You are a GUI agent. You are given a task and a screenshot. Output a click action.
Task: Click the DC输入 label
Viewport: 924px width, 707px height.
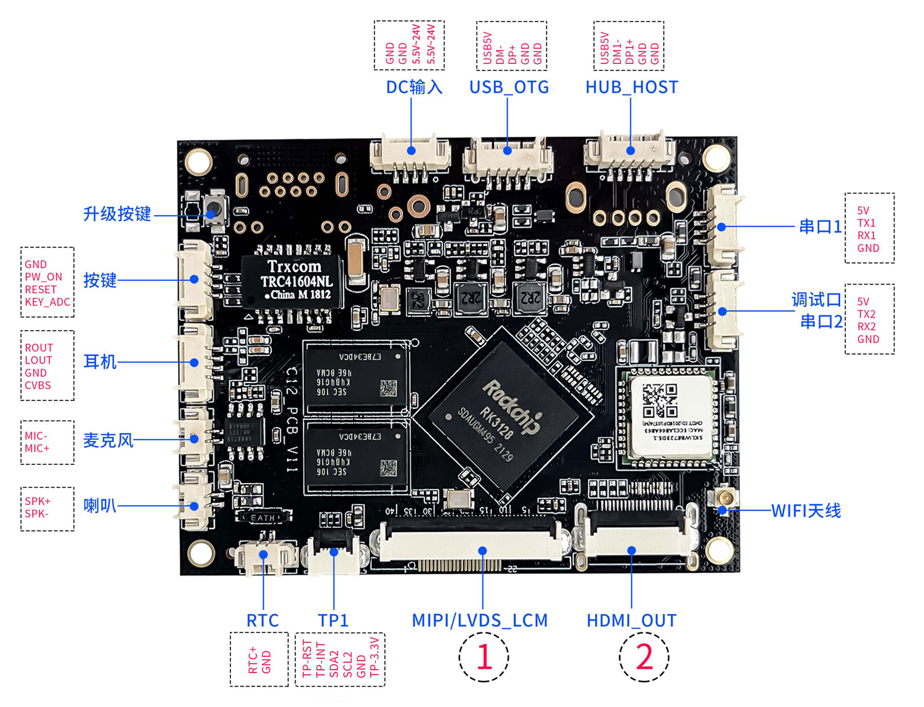[x=414, y=87]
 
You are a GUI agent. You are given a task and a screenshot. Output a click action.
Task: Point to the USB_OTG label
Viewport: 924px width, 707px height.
[x=509, y=87]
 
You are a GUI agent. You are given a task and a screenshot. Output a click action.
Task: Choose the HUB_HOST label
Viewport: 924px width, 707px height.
[x=631, y=87]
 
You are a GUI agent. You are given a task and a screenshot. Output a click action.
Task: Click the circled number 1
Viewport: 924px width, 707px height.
[x=484, y=656]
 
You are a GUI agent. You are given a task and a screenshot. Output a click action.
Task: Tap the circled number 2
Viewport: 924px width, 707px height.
[x=644, y=656]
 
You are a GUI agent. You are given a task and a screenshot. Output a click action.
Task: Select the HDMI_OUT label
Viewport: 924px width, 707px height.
[x=631, y=620]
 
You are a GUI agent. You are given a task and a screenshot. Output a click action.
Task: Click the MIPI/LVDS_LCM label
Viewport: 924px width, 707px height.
[x=480, y=620]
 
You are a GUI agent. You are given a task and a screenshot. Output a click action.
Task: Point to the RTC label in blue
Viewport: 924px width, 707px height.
[x=262, y=620]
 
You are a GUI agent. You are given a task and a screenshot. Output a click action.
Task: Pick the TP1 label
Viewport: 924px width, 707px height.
[x=333, y=620]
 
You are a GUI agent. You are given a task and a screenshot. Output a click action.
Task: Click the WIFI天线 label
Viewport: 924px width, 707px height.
[x=806, y=511]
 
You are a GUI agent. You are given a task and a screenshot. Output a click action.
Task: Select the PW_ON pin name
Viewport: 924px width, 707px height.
[x=43, y=277]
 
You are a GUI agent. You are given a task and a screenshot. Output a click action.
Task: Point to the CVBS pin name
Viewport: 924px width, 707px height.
[x=38, y=386]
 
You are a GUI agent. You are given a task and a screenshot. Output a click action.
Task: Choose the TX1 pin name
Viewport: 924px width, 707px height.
[x=866, y=223]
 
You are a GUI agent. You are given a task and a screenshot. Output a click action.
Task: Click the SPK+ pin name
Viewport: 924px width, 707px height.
[x=38, y=501]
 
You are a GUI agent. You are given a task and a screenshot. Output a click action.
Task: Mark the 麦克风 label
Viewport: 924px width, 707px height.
[x=108, y=440]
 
